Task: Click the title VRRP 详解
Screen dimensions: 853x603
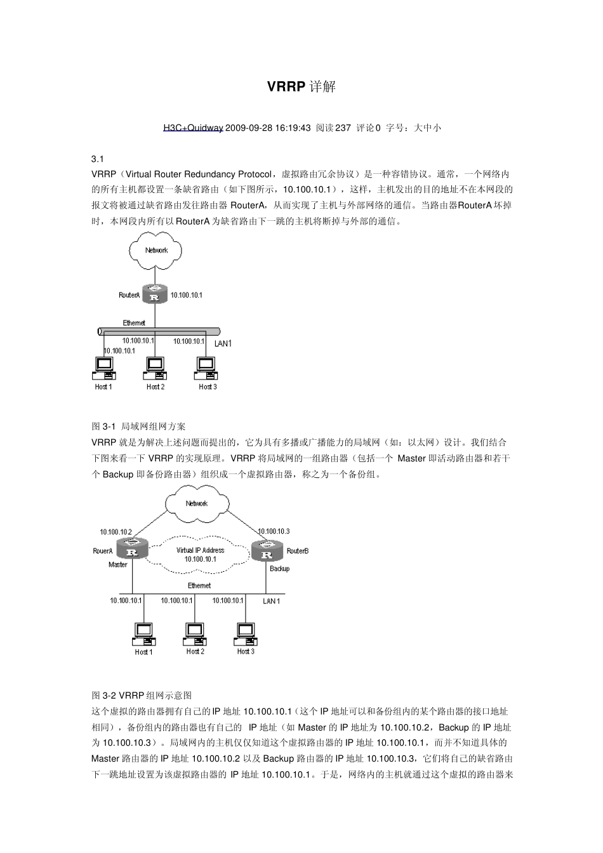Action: pos(301,86)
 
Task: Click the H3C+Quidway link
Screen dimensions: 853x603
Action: pos(193,128)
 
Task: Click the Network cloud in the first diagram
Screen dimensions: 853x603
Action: pos(156,250)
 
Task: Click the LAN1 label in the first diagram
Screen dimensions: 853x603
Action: pos(223,343)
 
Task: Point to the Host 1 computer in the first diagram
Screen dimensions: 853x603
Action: pos(103,368)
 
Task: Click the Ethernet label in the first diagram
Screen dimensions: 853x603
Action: pos(134,323)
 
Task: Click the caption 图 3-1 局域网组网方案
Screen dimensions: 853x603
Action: pos(139,426)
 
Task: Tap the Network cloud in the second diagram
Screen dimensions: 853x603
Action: pos(196,503)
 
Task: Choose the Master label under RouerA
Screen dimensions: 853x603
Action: pos(118,564)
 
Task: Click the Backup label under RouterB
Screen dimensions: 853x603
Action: pos(279,568)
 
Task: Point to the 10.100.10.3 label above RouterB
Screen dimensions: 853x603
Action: pos(274,531)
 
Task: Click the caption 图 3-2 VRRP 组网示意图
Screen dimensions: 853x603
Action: pos(142,696)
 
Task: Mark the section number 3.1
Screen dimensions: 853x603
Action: pos(98,159)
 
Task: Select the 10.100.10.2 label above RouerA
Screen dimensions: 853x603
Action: pos(116,532)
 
